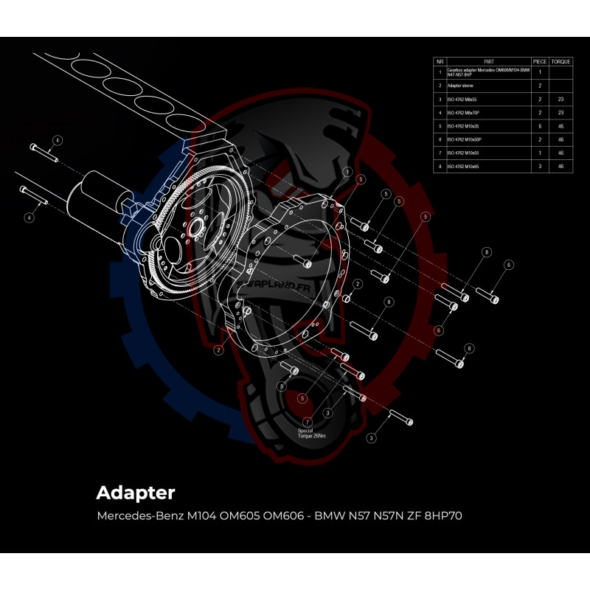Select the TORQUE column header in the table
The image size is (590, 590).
coord(560,62)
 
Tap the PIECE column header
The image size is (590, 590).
coord(540,62)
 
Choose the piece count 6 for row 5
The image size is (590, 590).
coord(540,126)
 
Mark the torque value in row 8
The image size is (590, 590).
coord(560,167)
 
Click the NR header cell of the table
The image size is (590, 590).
coord(440,62)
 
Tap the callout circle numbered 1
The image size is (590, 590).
coord(347,170)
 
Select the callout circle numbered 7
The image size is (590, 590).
coord(308,422)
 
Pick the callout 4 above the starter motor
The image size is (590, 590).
coord(58,139)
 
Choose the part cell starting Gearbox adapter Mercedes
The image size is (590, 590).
coord(487,72)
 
